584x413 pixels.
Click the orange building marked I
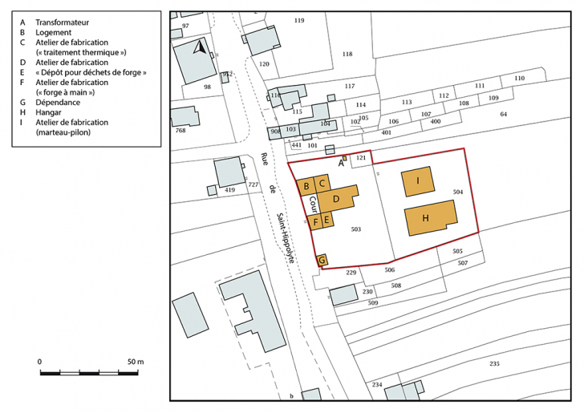click(x=419, y=182)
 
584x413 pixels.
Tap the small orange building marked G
click(x=322, y=260)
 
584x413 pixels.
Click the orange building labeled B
click(x=306, y=186)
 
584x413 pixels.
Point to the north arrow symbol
click(x=200, y=47)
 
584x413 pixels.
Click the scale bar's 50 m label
click(x=134, y=362)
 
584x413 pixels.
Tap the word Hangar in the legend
click(x=49, y=113)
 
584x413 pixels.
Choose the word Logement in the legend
click(x=55, y=32)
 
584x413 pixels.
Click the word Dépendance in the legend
click(x=59, y=103)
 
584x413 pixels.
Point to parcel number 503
click(x=356, y=229)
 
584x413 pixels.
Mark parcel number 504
click(x=458, y=192)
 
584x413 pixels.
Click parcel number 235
click(x=494, y=364)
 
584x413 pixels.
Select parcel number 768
click(x=180, y=130)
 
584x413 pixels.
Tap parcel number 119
click(x=299, y=20)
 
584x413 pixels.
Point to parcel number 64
click(x=504, y=115)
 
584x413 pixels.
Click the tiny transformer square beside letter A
click(x=345, y=158)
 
